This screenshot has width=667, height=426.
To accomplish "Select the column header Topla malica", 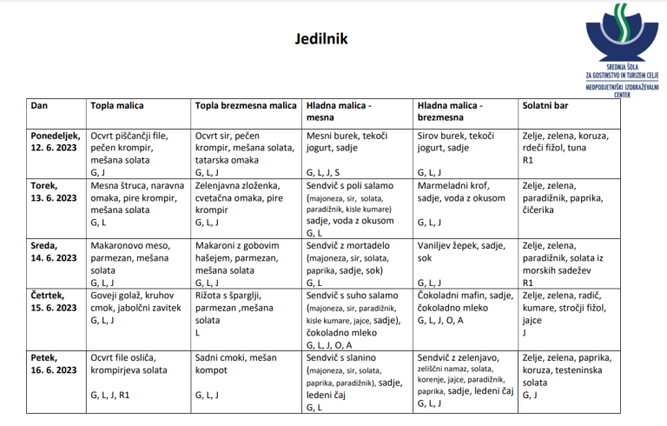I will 117,106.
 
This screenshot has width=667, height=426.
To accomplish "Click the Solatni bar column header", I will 545,106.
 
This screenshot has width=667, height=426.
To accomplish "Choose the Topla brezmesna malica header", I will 246,106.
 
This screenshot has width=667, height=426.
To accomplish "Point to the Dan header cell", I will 39,106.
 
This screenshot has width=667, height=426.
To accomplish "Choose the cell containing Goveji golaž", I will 137,309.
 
